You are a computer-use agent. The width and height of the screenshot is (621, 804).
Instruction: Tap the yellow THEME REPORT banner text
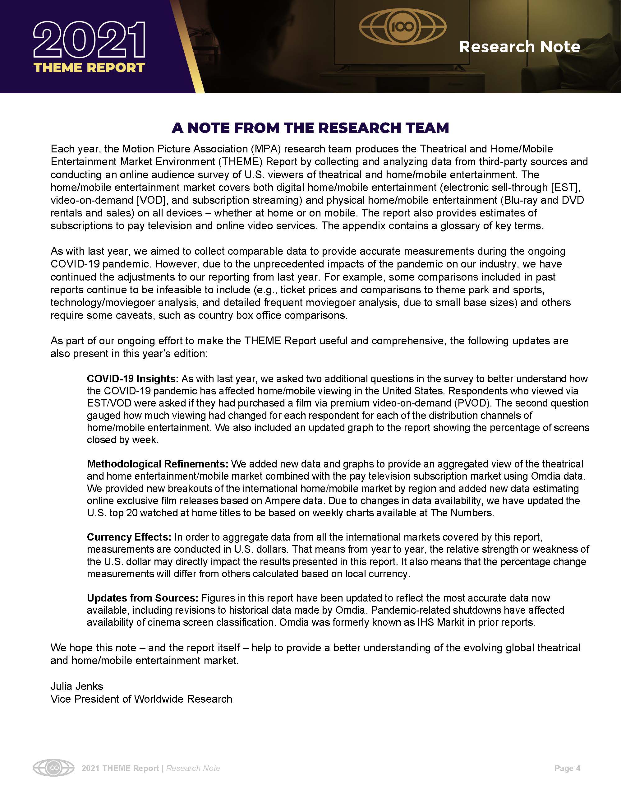coord(90,68)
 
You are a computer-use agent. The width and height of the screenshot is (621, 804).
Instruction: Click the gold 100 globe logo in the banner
coord(402,26)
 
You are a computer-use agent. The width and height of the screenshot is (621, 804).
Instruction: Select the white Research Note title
coord(519,47)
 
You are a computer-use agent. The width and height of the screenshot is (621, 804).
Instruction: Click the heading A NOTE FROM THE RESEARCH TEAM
coord(310,128)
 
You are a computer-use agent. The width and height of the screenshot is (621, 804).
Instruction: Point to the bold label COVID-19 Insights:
coord(133,379)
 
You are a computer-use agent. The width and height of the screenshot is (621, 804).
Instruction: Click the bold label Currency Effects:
coord(129,537)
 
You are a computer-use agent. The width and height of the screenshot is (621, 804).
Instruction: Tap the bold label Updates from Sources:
coord(143,598)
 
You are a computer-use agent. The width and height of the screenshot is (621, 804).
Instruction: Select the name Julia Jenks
coord(77,686)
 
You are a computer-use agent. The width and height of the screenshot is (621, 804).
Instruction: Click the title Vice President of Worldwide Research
coord(141,699)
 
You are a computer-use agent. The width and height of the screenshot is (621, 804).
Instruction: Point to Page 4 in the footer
coord(567,768)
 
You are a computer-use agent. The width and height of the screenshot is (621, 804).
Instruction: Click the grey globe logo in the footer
coord(53,768)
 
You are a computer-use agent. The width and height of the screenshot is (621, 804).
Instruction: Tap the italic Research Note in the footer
coord(193,768)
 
